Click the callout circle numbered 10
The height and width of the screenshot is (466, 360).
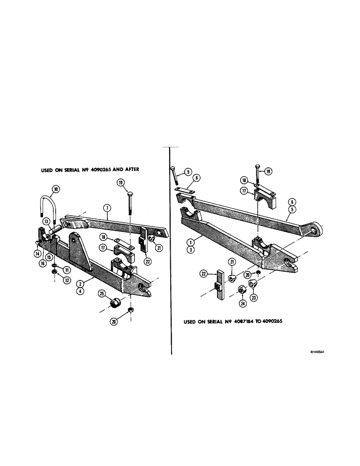click(x=55, y=189)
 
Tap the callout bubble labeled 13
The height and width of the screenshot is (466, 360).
click(x=47, y=221)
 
